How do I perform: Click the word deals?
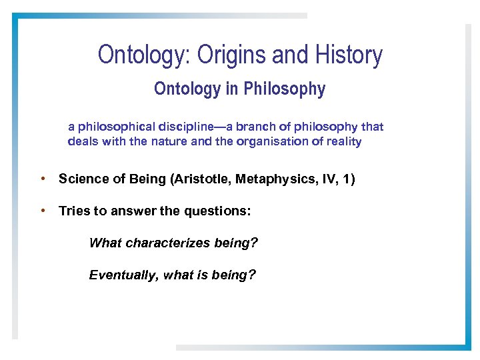click(83, 141)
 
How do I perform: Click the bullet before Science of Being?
click(42, 179)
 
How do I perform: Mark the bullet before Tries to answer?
click(42, 211)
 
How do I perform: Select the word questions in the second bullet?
click(220, 211)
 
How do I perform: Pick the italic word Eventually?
click(122, 275)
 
